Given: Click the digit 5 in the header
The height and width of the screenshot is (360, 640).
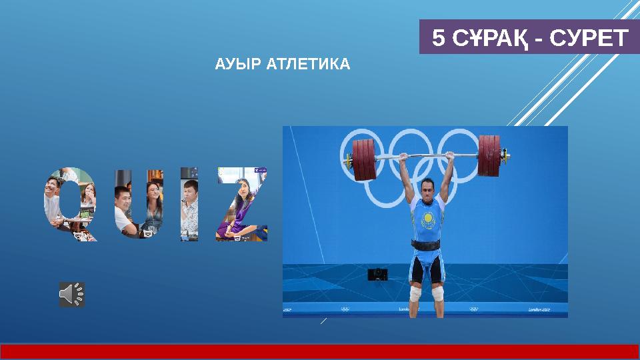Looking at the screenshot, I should [438, 38].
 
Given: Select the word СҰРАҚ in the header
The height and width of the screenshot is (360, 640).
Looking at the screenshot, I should [487, 38].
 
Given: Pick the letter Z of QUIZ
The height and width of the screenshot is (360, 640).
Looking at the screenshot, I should [241, 203].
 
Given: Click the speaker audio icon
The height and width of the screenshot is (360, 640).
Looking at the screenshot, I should [72, 294].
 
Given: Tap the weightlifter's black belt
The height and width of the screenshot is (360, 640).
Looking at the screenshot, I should [426, 245].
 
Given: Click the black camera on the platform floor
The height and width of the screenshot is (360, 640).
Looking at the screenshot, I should [378, 274].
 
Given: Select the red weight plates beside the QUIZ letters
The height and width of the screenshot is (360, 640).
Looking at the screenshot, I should [364, 159].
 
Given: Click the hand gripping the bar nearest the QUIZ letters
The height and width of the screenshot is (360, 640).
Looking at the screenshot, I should [403, 157].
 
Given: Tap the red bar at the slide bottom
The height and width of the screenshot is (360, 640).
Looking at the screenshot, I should [320, 351].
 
